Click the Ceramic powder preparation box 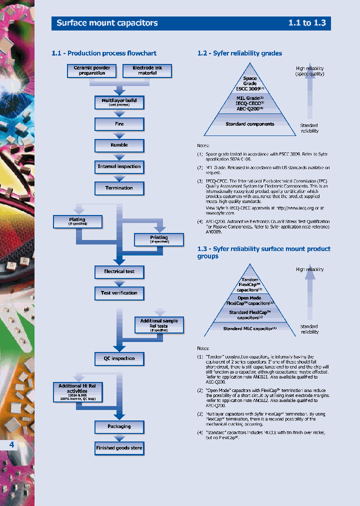92,70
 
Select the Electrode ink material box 147,70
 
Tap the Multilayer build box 119,102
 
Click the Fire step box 119,124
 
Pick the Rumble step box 119,145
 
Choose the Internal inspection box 119,166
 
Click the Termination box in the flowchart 119,188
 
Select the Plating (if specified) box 77,221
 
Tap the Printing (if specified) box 159,239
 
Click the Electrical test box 119,271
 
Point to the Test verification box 119,293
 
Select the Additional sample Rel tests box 159,325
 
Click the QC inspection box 119,358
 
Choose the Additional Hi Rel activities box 77,392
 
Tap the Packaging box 119,426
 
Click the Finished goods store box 119,448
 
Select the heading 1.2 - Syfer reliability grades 239,53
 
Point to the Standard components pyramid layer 249,124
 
